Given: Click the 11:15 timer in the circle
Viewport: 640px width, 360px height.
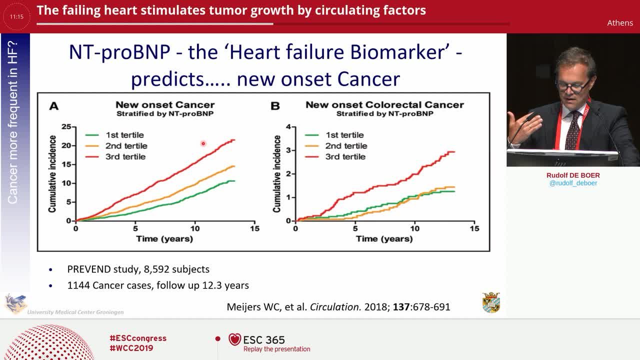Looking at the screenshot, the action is [16, 16].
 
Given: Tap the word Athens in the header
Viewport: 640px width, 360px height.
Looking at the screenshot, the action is [620, 23].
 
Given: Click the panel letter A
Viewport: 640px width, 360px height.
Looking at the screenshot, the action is [54, 106].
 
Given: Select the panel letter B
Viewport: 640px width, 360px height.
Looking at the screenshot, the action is [275, 106].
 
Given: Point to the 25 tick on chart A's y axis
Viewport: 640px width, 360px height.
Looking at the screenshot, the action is [66, 126].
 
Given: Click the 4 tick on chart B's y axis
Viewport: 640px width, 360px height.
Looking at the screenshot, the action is [288, 126].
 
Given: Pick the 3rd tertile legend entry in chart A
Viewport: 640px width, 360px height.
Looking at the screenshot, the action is [115, 156].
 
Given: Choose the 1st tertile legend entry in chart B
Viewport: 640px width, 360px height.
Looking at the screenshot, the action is [334, 135].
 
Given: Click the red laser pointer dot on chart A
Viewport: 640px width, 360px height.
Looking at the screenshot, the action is [203, 143].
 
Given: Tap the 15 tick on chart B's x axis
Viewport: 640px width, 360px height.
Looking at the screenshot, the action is [474, 228].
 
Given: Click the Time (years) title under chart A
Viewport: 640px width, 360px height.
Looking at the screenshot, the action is [164, 239].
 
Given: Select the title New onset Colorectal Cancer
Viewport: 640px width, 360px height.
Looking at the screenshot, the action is [384, 105].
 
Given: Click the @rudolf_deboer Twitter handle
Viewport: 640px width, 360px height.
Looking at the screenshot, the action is [573, 183].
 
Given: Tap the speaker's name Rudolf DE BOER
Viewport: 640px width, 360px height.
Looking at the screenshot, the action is [573, 175].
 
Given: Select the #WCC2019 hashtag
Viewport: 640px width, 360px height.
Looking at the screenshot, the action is [131, 348].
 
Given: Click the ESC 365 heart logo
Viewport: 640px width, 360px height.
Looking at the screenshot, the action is [234, 339].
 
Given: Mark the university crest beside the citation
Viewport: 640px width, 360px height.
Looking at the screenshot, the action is [491, 302].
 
